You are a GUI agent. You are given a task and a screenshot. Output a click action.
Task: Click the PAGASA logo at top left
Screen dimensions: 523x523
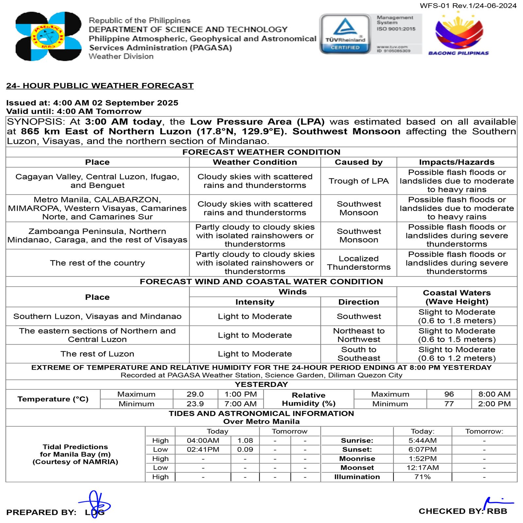click(x=48, y=36)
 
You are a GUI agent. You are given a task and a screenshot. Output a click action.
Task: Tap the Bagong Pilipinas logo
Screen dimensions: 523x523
click(x=459, y=35)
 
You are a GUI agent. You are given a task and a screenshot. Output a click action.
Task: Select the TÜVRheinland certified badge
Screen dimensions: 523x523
click(x=345, y=34)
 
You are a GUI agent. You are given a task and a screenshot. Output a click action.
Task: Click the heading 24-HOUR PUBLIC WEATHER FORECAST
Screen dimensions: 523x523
click(x=100, y=86)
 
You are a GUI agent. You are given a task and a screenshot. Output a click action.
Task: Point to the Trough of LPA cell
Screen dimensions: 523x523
click(x=359, y=181)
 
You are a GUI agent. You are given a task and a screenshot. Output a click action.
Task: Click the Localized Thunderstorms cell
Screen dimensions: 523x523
click(x=359, y=263)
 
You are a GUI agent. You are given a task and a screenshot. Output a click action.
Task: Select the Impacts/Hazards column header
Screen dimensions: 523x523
click(x=457, y=162)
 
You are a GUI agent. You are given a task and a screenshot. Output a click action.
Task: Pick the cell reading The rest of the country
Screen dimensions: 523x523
click(x=97, y=263)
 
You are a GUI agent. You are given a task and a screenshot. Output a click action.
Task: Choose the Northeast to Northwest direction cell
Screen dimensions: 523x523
click(x=359, y=335)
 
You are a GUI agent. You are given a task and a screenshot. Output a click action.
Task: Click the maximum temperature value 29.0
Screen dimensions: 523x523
click(x=195, y=394)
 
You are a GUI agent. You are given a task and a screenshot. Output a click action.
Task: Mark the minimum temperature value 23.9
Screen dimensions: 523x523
click(x=195, y=404)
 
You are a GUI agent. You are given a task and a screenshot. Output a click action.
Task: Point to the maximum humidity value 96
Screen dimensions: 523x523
click(x=449, y=394)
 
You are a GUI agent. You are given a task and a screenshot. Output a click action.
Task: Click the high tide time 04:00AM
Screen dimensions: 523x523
click(x=203, y=441)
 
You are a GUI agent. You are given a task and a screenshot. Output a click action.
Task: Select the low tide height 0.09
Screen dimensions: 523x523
click(x=245, y=449)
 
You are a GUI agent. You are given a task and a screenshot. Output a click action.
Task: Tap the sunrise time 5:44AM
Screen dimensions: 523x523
click(x=422, y=441)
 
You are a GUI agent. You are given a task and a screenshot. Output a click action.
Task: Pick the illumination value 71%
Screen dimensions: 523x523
click(x=422, y=477)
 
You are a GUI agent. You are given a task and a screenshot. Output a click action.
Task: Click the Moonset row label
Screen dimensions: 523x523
click(x=357, y=468)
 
